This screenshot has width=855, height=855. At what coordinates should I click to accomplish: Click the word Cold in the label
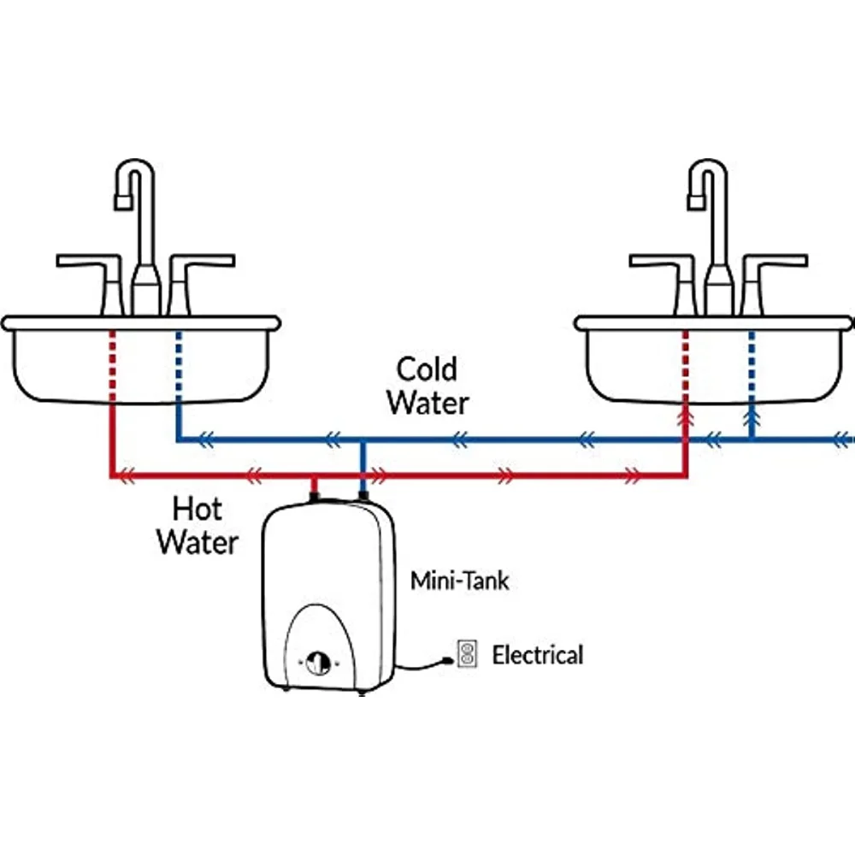(x=427, y=369)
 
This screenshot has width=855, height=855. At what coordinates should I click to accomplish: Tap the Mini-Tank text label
(x=459, y=581)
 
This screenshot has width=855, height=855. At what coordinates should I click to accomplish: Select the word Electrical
(x=537, y=656)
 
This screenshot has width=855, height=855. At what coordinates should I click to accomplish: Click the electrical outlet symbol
(x=466, y=655)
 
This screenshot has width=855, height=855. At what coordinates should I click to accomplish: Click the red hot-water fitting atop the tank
(x=315, y=492)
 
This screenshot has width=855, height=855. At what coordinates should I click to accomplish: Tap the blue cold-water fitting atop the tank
(x=363, y=492)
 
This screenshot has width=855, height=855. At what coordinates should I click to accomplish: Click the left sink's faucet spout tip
(x=121, y=202)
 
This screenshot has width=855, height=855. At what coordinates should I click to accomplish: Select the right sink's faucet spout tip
(x=694, y=202)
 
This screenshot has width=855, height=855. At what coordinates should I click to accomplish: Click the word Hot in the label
(x=197, y=509)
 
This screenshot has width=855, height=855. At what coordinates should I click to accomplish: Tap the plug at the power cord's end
(x=446, y=659)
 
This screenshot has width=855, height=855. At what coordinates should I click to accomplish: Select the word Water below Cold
(x=427, y=402)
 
